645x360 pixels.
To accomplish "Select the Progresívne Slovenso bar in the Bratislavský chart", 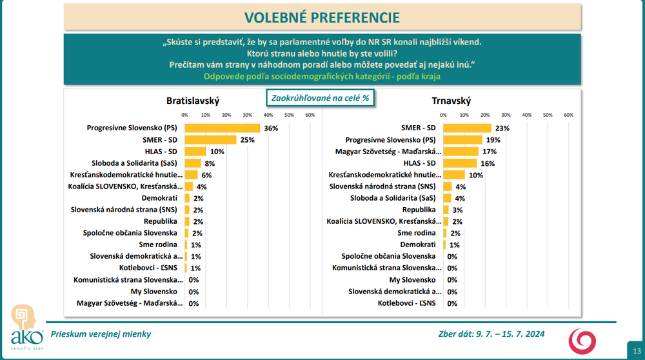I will (x=222, y=128).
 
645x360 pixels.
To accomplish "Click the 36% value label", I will (x=271, y=128).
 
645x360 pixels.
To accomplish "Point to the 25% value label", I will (x=248, y=139).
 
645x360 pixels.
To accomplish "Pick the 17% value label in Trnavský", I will (x=490, y=152).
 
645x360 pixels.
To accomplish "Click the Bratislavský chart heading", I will (x=193, y=101).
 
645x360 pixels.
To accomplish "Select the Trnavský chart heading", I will (x=451, y=101).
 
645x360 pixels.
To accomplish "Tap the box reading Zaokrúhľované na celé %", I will (x=321, y=97).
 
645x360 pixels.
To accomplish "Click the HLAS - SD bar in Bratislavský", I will (x=195, y=152).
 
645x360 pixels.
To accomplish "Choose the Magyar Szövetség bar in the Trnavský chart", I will (x=461, y=152).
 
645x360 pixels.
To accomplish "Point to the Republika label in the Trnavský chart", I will (x=419, y=210).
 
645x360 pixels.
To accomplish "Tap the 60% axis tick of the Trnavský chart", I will (x=568, y=115).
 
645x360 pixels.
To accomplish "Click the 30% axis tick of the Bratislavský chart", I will (x=247, y=115).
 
